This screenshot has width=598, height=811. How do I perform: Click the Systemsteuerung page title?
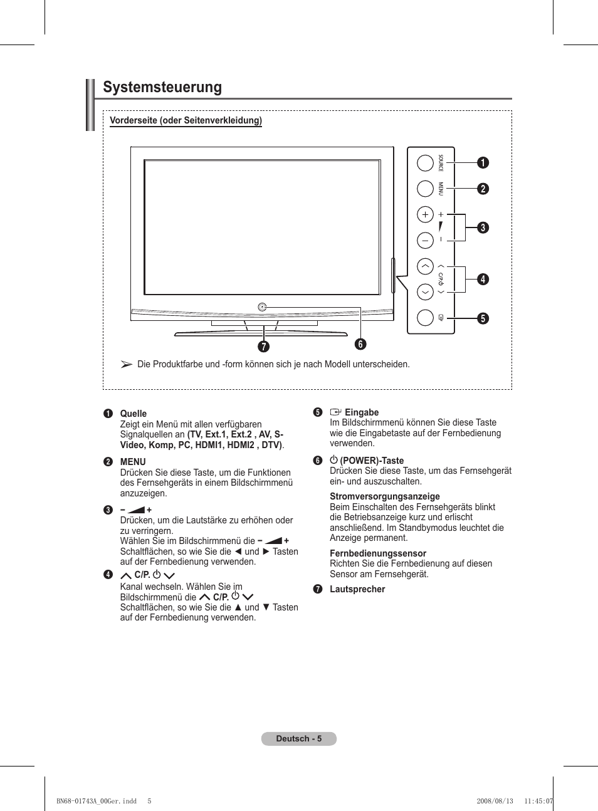click(x=162, y=88)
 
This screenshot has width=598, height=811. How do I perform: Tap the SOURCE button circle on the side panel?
click(x=425, y=162)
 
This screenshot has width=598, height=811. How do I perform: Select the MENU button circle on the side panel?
click(x=425, y=189)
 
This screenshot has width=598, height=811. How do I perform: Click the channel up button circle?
click(x=425, y=267)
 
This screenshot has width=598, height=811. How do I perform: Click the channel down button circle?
click(x=425, y=292)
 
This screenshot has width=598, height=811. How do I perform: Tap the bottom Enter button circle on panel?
click(x=425, y=318)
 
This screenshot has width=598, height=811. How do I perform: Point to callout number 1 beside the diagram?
click(x=483, y=162)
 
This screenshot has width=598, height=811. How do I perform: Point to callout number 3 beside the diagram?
click(x=483, y=228)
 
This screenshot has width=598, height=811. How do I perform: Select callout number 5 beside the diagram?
click(x=483, y=318)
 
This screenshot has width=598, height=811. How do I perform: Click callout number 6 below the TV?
click(x=360, y=343)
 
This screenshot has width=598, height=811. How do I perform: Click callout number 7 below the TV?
click(x=264, y=347)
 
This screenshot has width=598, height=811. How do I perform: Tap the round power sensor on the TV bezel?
click(x=262, y=307)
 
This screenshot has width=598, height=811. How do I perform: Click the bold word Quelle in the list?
click(x=134, y=414)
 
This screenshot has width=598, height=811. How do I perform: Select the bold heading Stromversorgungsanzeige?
click(x=385, y=496)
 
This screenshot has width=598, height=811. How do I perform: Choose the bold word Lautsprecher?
click(x=357, y=589)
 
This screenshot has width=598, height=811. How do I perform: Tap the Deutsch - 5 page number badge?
click(x=299, y=738)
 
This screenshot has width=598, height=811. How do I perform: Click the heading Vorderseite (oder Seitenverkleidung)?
click(x=186, y=120)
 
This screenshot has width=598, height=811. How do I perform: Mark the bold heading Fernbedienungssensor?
click(x=378, y=553)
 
